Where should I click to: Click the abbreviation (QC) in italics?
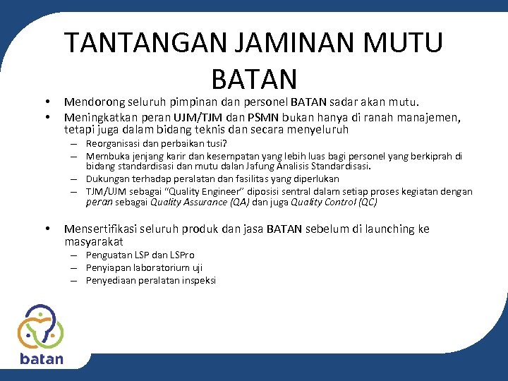tap(367, 202)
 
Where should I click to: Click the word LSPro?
tap(181, 255)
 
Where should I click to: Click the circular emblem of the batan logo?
tap(40, 325)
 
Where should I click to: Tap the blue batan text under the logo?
tap(41, 358)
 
